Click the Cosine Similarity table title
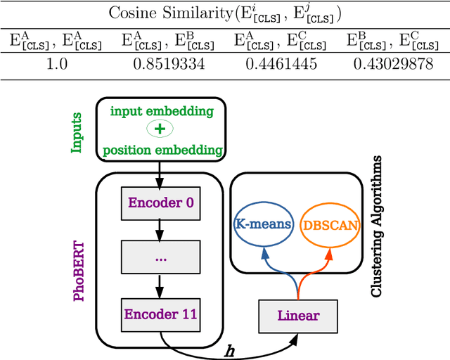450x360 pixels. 225,14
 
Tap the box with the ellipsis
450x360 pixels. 160,258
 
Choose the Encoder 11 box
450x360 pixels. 160,314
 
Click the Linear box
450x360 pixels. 299,315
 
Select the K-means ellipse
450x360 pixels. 262,225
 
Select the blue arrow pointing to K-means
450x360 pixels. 275,271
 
